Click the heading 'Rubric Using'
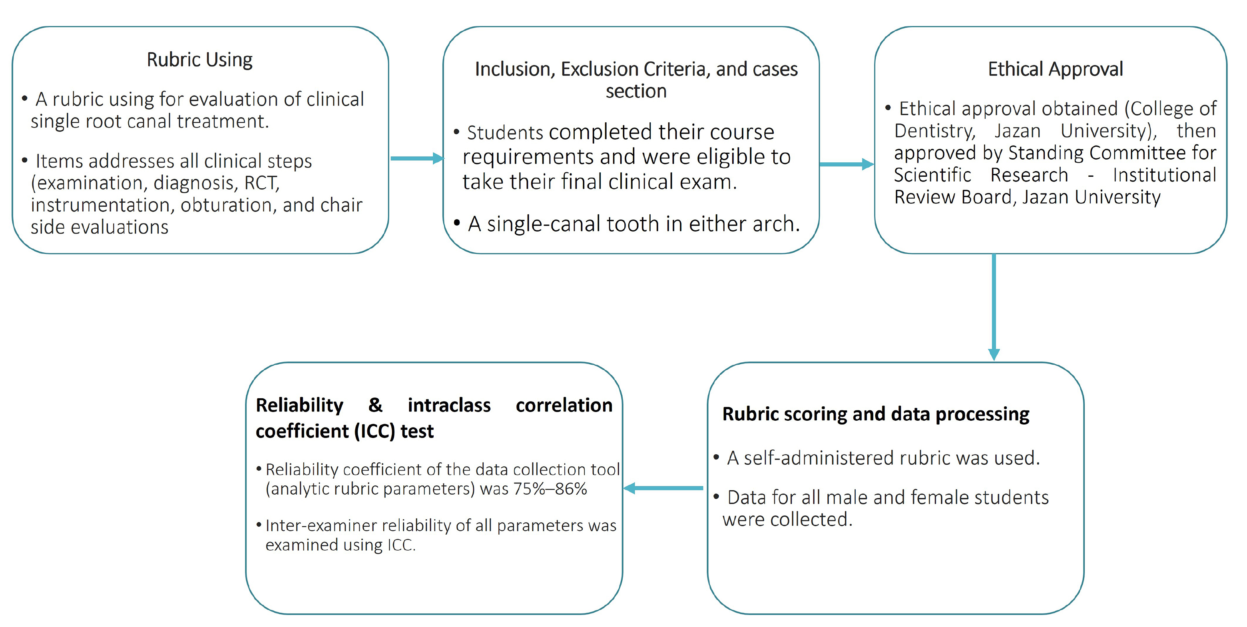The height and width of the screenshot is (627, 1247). click(199, 60)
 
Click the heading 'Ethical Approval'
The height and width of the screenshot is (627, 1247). click(1055, 69)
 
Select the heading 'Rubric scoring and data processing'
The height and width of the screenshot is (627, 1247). click(876, 414)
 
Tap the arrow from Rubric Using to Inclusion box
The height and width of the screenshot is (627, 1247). click(416, 158)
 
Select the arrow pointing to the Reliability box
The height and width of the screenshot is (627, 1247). click(663, 488)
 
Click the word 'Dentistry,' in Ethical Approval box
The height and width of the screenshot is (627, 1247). click(935, 131)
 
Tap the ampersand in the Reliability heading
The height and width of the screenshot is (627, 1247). click(375, 405)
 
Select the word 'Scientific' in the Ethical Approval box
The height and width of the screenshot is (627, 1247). click(932, 175)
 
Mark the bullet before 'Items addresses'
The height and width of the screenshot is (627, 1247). click(25, 161)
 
